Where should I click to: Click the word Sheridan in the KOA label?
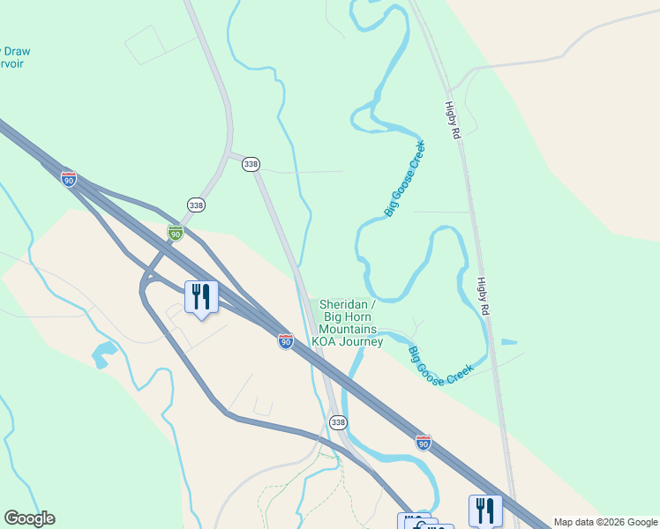[341, 304]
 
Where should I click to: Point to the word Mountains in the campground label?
[348, 329]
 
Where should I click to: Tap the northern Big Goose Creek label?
[405, 179]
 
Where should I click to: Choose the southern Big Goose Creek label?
[441, 364]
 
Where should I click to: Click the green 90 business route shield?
[176, 233]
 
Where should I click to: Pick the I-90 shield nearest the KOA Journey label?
[285, 341]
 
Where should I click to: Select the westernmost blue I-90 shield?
[69, 178]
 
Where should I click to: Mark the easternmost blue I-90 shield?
[424, 443]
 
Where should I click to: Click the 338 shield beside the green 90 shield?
[196, 205]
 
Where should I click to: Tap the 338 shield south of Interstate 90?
[338, 423]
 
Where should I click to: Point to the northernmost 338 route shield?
[251, 164]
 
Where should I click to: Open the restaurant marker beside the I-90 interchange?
[201, 296]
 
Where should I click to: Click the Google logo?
[29, 518]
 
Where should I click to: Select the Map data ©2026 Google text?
[605, 522]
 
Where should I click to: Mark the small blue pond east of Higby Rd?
[509, 341]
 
